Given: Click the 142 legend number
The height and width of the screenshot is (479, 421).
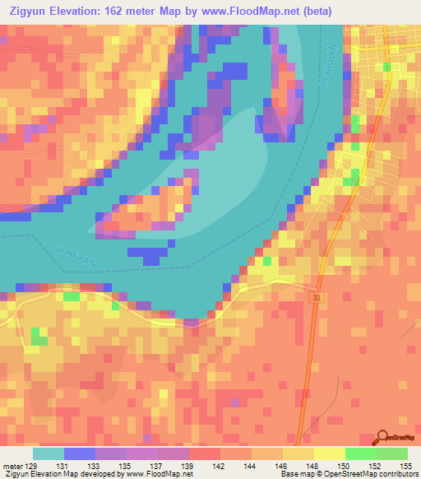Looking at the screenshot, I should (x=220, y=466).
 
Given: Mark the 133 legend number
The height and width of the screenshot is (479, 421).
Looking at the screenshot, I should (x=95, y=466).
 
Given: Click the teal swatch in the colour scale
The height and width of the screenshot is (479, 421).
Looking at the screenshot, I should (x=49, y=453).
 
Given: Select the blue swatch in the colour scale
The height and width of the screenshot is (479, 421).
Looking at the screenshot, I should (x=80, y=453).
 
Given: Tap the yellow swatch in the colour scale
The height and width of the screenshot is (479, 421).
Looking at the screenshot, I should (x=330, y=453).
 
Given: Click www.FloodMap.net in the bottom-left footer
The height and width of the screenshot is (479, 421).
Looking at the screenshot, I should (x=157, y=475).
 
